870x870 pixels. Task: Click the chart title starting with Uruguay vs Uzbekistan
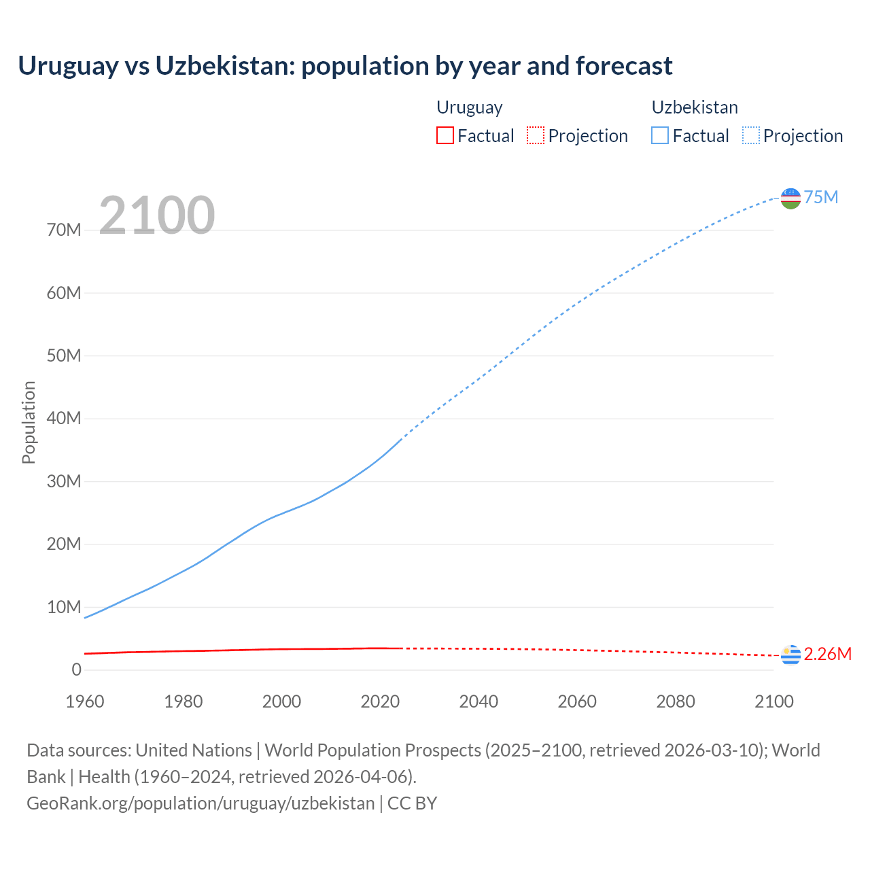click(345, 66)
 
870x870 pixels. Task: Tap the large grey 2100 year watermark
click(157, 215)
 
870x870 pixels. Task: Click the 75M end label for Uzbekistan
click(821, 197)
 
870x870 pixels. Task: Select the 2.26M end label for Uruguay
click(827, 654)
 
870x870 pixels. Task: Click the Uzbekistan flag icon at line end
click(790, 198)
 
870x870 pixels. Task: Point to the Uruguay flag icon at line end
click(790, 655)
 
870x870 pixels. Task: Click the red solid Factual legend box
click(445, 136)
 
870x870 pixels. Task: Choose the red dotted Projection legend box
click(536, 136)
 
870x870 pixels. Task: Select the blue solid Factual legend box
click(660, 136)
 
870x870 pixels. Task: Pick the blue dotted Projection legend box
click(751, 136)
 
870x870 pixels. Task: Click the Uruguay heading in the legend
click(469, 107)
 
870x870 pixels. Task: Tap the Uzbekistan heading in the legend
click(695, 107)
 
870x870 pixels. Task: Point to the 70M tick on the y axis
click(64, 230)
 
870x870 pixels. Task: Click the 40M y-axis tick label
click(64, 419)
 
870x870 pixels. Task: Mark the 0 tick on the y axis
click(76, 670)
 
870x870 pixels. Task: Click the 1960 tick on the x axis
click(85, 701)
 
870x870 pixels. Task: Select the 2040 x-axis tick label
click(478, 701)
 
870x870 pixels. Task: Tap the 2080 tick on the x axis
click(676, 701)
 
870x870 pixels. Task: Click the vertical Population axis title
click(29, 422)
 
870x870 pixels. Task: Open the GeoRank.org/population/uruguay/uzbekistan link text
click(201, 803)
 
